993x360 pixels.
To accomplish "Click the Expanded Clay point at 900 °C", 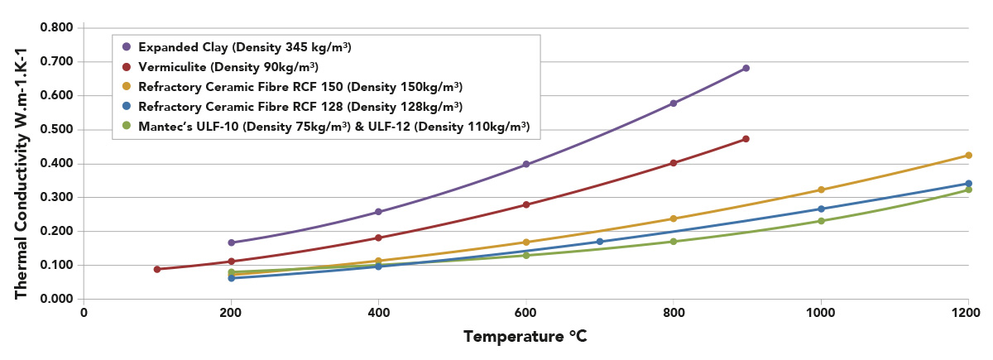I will click(x=746, y=68).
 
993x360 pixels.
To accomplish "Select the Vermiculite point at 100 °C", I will click(x=156, y=269).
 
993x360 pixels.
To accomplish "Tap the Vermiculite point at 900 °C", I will click(x=746, y=139).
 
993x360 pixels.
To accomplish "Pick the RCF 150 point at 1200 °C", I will click(x=968, y=156).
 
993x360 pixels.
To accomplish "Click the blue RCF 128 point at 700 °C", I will click(x=600, y=242).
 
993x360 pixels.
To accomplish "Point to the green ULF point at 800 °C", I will click(x=674, y=242).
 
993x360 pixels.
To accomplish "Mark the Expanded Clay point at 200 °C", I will click(x=231, y=242).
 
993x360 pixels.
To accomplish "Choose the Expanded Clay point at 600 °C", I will click(x=525, y=165).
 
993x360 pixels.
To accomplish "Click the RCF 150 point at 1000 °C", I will click(x=821, y=190).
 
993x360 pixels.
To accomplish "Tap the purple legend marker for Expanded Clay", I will click(x=126, y=47).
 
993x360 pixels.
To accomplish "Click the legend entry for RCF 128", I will click(x=300, y=107).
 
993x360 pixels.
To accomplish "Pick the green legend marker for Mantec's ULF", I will click(x=126, y=127).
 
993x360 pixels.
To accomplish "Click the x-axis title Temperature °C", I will click(x=525, y=337).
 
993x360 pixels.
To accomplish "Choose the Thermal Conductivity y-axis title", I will click(x=23, y=163).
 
